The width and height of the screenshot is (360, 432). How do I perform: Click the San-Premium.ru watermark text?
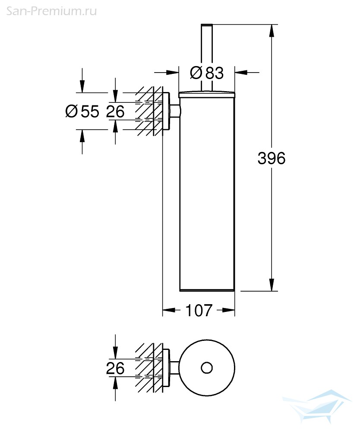(x=51, y=11)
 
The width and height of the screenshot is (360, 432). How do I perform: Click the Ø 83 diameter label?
(x=207, y=73)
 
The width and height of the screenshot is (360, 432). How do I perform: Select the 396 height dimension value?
(x=272, y=159)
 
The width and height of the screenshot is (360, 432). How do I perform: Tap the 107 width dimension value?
(x=199, y=311)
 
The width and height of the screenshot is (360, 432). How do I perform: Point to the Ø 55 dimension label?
(x=82, y=111)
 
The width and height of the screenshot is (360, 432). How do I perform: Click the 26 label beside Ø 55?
(x=115, y=111)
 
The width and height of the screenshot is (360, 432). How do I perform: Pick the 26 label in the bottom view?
(x=115, y=368)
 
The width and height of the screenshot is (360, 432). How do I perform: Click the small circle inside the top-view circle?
(x=207, y=368)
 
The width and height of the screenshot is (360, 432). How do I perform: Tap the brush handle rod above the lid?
(x=207, y=57)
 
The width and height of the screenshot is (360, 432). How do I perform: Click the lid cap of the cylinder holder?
(x=207, y=94)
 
